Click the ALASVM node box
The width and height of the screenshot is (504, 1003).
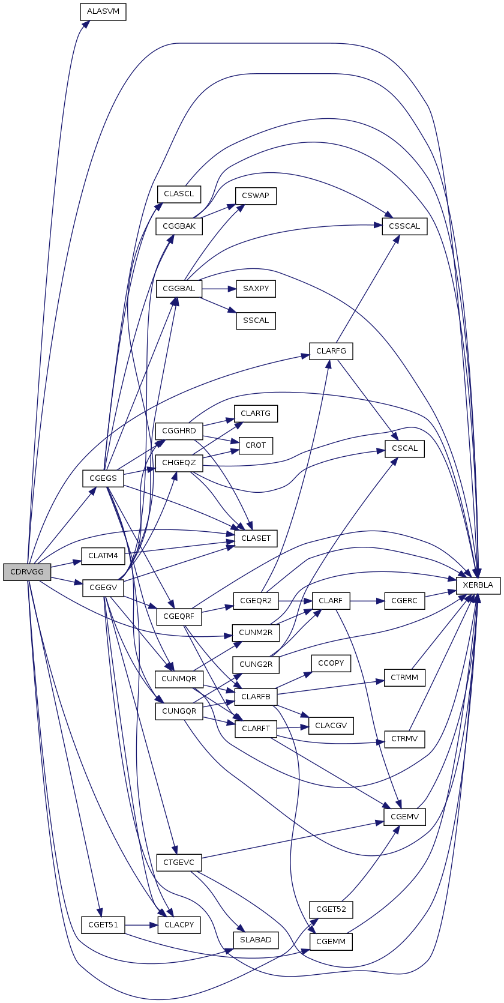click(103, 12)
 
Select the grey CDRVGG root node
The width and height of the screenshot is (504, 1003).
click(27, 572)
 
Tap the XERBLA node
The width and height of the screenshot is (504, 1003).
click(478, 585)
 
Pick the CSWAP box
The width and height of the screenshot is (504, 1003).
click(256, 196)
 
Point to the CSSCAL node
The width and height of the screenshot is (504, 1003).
click(404, 227)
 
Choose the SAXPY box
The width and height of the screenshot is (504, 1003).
click(256, 289)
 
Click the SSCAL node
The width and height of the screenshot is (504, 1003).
click(256, 321)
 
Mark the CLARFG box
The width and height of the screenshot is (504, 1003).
click(331, 351)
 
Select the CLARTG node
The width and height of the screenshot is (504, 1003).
click(256, 414)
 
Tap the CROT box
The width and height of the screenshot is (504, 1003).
click(256, 445)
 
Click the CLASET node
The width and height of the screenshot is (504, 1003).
click(256, 538)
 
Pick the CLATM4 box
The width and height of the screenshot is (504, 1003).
click(103, 556)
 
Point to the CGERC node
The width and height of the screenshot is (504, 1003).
click(404, 601)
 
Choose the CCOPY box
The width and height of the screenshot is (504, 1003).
click(331, 663)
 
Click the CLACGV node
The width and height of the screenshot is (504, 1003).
click(331, 726)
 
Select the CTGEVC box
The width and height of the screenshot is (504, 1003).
click(179, 863)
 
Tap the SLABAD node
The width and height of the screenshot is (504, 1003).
click(256, 940)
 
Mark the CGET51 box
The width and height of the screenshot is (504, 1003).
click(103, 925)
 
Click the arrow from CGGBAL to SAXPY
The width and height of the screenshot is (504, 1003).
click(219, 289)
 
